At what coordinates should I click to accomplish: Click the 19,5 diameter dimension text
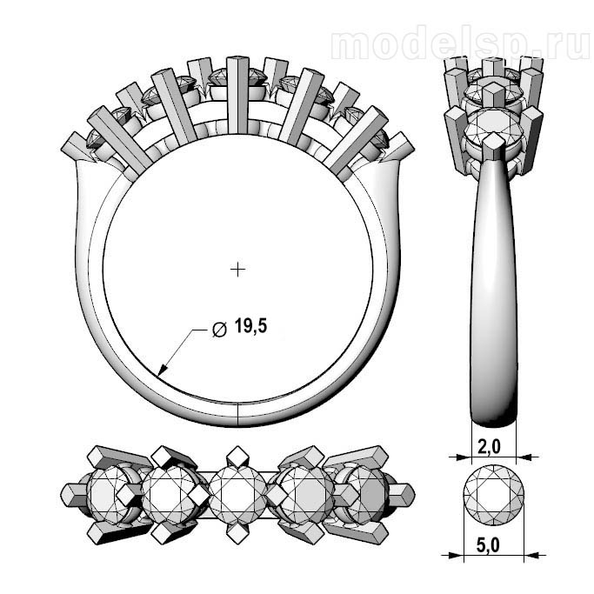(x=250, y=326)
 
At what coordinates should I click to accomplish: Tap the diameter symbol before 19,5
(x=219, y=330)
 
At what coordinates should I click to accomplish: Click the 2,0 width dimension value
(x=488, y=447)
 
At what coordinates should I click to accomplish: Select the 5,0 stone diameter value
(x=488, y=545)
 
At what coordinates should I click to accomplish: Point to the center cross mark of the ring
(x=237, y=270)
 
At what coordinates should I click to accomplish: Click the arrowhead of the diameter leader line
(x=163, y=370)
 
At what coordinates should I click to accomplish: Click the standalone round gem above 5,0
(x=494, y=495)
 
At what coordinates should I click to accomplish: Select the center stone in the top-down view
(x=237, y=495)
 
